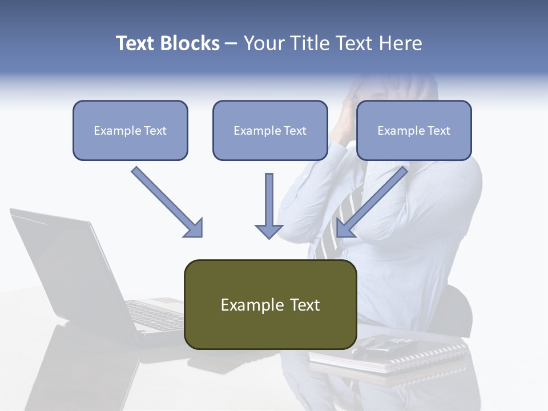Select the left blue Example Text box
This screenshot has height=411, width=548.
tap(130, 130)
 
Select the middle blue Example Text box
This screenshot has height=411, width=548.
tap(270, 130)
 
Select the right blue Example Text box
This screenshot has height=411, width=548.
tap(414, 130)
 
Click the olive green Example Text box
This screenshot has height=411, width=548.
tap(270, 304)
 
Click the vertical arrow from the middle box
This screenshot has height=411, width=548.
tap(269, 203)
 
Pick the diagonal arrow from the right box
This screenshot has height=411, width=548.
tap(374, 200)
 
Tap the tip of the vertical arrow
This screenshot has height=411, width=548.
tap(269, 236)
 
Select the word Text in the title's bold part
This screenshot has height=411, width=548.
tap(136, 43)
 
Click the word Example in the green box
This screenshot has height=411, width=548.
tap(244, 305)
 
